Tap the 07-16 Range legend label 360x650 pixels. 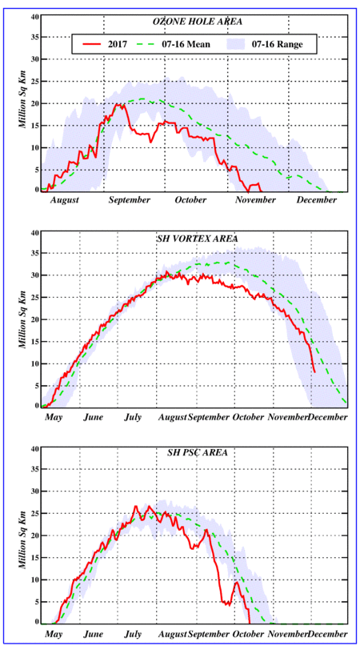pos(279,44)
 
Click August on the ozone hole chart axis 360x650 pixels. pos(65,200)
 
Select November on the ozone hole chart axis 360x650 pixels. pos(256,200)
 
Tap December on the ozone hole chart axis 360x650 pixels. pos(317,200)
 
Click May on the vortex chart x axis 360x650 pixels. pos(54,417)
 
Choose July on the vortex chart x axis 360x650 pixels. pos(134,417)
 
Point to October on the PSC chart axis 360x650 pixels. pos(249,634)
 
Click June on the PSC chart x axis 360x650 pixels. pos(94,634)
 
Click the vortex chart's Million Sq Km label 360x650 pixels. pos(24,319)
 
